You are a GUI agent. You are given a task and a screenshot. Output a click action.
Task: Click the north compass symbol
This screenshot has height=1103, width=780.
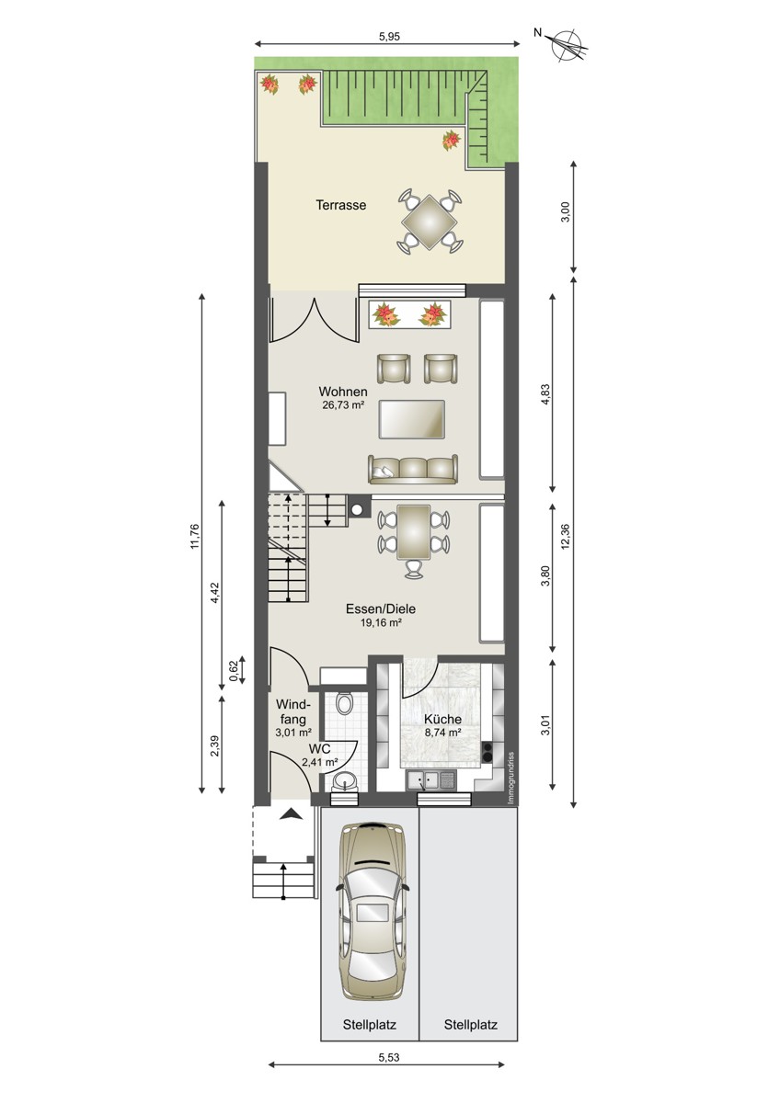coord(570,46)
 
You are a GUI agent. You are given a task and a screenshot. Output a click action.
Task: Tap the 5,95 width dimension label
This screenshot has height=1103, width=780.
coord(389,36)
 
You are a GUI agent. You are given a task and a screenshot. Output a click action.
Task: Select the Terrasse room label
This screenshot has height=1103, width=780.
coord(341,205)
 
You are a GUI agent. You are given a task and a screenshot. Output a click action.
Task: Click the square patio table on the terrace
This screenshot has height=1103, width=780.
coord(430,222)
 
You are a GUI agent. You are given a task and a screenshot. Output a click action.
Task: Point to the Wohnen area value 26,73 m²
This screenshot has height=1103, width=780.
coord(342,405)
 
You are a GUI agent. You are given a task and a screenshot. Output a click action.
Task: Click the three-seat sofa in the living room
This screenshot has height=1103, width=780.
coord(413,469)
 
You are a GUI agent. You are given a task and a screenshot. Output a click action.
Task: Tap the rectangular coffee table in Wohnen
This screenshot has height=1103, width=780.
coord(412,419)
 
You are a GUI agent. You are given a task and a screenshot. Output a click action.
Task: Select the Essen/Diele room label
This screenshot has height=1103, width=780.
coord(381,609)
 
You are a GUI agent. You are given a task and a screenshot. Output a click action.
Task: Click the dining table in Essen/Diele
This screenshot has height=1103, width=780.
coord(413,532)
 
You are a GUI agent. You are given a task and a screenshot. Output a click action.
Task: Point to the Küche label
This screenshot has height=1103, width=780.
coord(442,720)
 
